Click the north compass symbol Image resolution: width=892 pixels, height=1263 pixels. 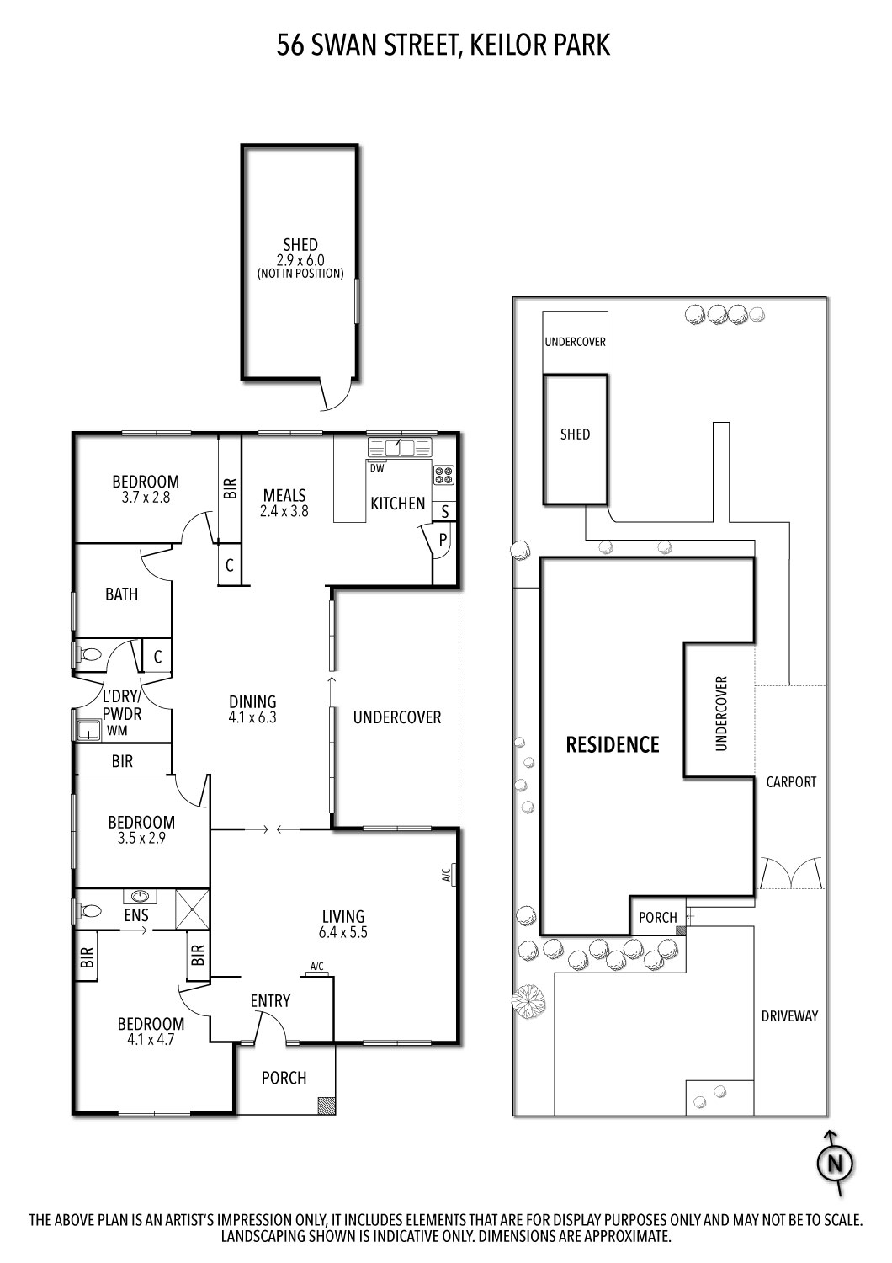[x=836, y=1164]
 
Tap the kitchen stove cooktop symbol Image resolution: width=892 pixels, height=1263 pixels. [x=443, y=475]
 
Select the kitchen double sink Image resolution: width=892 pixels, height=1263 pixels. [x=400, y=447]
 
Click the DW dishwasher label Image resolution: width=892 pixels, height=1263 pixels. [x=377, y=468]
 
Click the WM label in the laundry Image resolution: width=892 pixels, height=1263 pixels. [x=116, y=731]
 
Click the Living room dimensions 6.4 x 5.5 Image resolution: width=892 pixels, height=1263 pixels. [x=343, y=932]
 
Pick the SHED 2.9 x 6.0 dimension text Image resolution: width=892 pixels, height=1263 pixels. [x=300, y=260]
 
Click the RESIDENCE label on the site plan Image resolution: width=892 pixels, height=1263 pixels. [x=613, y=744]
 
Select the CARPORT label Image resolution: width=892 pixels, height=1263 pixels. [x=791, y=781]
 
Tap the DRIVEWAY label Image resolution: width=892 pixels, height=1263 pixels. [x=789, y=1015]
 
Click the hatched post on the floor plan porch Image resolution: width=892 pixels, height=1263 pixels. [x=327, y=1105]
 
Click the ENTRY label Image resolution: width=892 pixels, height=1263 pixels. [x=270, y=1000]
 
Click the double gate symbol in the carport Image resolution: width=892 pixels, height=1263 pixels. [x=791, y=873]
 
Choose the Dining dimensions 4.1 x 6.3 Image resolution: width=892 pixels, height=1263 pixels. [x=252, y=718]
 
